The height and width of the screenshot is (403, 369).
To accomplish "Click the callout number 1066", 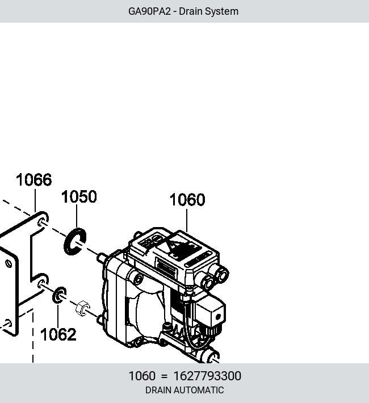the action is click(34, 180).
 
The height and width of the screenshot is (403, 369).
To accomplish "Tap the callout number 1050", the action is click(79, 196).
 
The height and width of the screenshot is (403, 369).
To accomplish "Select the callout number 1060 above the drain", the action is click(187, 199).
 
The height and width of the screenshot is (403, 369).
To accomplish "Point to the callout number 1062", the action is click(58, 334).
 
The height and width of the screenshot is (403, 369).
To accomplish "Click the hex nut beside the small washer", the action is click(82, 308).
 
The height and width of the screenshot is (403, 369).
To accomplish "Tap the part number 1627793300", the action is click(207, 376).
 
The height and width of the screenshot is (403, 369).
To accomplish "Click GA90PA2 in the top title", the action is click(149, 11).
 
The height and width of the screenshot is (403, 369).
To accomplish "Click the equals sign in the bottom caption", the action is click(164, 376).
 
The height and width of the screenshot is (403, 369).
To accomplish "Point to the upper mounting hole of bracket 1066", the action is click(43, 221).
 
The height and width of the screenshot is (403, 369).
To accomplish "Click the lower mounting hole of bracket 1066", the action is click(42, 283).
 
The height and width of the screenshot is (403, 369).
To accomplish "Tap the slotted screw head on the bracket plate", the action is click(9, 263).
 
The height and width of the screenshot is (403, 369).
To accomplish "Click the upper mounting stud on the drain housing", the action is click(101, 257).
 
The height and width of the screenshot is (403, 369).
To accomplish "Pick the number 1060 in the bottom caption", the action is click(142, 376).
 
